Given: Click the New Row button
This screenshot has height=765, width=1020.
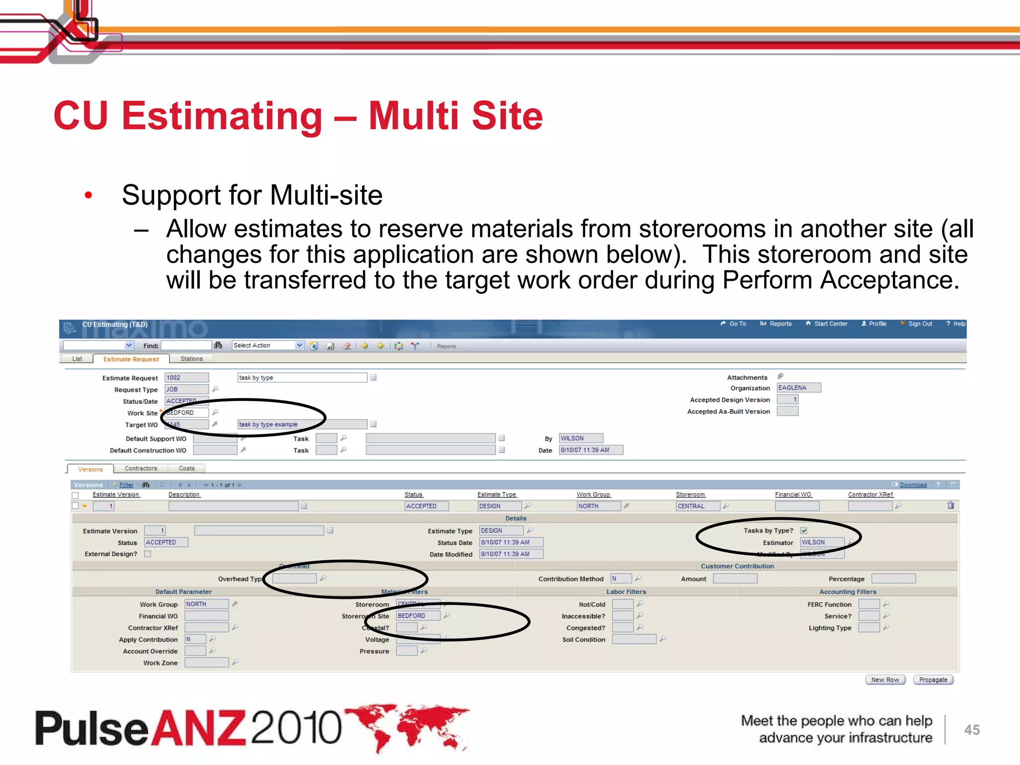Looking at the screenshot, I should (885, 679).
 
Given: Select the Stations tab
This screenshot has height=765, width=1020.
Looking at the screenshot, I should (191, 359).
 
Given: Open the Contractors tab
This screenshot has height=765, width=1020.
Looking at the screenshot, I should (140, 468).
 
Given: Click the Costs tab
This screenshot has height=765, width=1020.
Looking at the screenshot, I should (187, 468).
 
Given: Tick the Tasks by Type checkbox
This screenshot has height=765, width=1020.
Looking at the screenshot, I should (804, 530).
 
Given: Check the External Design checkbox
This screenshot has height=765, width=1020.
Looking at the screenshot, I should (147, 554).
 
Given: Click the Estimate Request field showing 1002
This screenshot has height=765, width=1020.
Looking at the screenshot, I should (186, 378).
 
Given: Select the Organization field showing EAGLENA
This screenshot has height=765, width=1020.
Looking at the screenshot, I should (798, 387).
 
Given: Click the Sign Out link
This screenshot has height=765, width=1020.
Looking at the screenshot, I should (919, 324).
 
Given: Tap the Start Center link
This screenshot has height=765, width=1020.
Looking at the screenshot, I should (830, 324).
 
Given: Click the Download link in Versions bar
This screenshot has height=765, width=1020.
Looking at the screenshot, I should (913, 485).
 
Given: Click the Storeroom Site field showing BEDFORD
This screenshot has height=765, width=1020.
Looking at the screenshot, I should (418, 616).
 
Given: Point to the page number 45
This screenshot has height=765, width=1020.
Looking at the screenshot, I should (972, 730).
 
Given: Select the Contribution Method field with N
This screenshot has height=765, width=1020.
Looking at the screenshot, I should (621, 578).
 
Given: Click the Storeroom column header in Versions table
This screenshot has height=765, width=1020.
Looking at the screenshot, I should (690, 495).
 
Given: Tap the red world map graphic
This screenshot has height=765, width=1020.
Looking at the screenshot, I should (408, 726).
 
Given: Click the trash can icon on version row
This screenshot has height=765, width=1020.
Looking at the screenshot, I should (950, 506).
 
